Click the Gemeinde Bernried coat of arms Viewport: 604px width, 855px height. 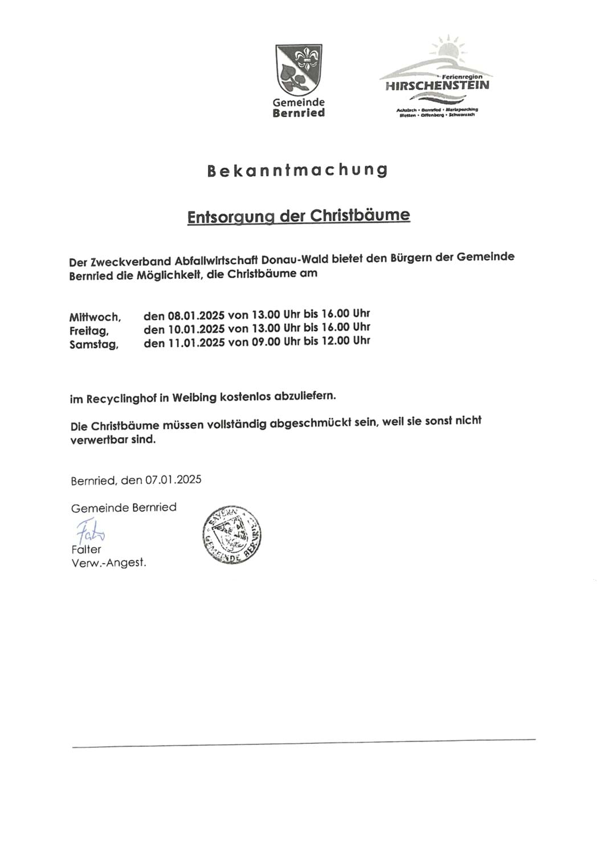pyautogui.click(x=299, y=69)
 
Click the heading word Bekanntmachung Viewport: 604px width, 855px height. pyautogui.click(x=297, y=170)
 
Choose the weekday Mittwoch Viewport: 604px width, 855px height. pyautogui.click(x=95, y=317)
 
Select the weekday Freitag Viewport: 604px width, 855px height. pyautogui.click(x=89, y=331)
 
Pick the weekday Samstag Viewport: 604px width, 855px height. pyautogui.click(x=94, y=344)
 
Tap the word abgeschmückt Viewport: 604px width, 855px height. pyautogui.click(x=309, y=424)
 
